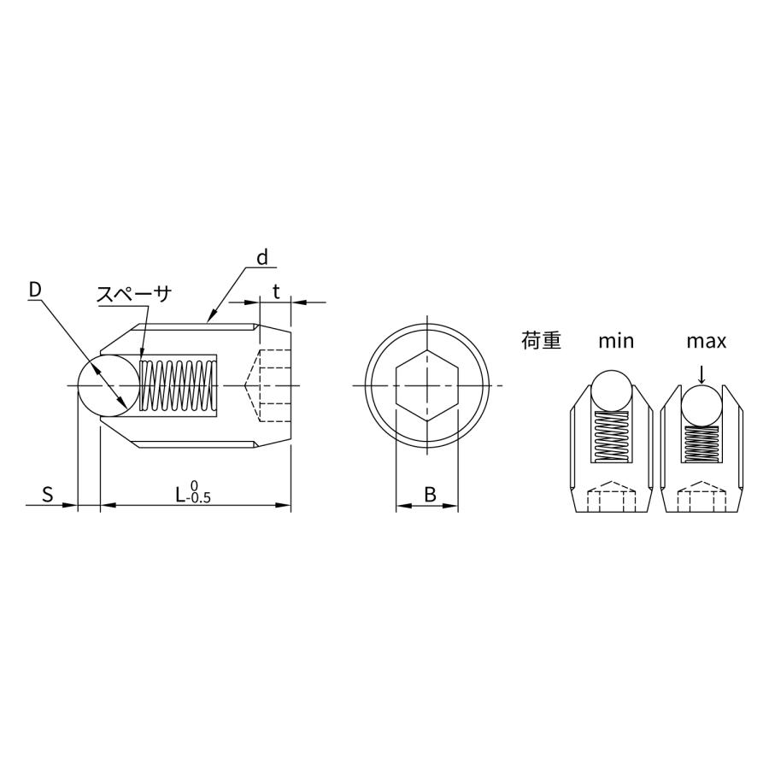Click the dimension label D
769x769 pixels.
35,290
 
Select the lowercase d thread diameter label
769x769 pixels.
262,257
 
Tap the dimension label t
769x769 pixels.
276,292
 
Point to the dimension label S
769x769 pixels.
47,495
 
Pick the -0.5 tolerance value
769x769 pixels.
198,498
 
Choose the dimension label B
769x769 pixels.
430,495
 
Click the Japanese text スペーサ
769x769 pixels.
134,294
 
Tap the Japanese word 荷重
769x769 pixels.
541,340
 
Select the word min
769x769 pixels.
616,341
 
